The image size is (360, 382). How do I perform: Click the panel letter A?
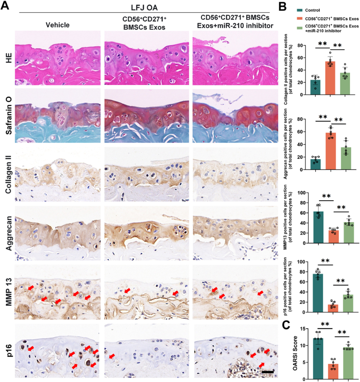5,5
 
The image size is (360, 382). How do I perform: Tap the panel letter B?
282,7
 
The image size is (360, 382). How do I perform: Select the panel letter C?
286,325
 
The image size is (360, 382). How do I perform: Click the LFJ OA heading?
144,8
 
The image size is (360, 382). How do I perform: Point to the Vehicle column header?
58,25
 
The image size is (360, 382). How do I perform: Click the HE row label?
9,58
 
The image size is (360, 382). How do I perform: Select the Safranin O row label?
9,115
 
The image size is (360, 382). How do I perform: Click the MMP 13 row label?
9,292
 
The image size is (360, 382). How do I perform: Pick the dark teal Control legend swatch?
299,10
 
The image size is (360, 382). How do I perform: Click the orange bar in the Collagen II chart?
330,78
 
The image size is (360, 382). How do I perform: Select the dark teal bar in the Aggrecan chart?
315,164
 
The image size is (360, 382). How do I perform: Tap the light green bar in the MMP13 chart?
349,232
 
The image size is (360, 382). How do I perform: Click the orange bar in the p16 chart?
333,308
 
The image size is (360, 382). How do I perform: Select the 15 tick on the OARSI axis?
303,329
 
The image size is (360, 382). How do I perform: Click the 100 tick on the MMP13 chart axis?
302,193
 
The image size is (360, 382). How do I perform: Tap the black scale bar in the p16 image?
268,372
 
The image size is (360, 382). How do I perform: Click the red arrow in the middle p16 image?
112,356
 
